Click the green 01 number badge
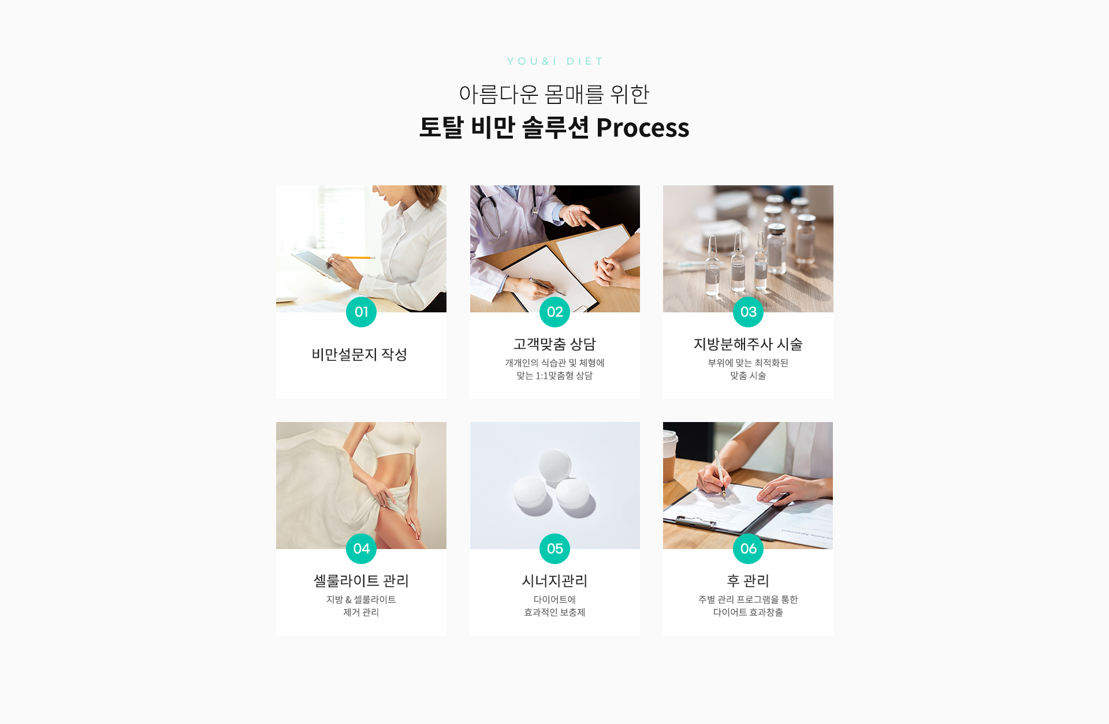[x=361, y=312]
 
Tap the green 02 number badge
[x=554, y=312]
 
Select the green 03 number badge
[x=748, y=312]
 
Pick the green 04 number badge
[x=361, y=548]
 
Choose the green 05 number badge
[x=554, y=548]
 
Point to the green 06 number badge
[x=748, y=548]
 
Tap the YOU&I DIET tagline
[x=554, y=61]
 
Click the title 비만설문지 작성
[x=359, y=354]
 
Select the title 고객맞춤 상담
[x=554, y=344]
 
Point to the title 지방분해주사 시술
[x=748, y=344]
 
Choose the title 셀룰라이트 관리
[x=361, y=581]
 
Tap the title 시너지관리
[x=554, y=581]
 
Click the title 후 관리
[x=748, y=581]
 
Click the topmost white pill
[x=555, y=465]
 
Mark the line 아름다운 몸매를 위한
[x=554, y=94]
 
